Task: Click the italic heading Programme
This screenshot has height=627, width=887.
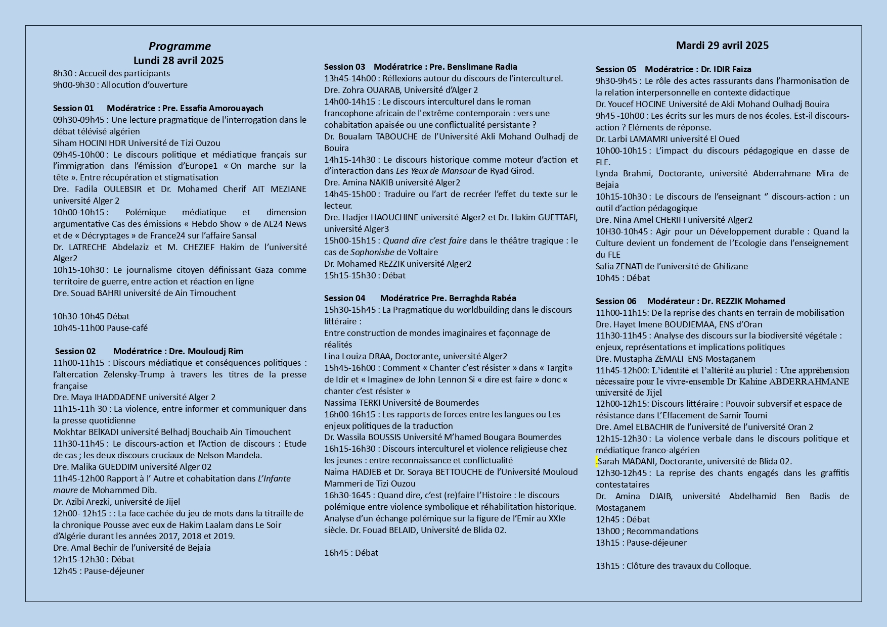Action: [x=180, y=46]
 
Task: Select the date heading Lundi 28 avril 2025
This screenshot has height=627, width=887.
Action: [x=179, y=61]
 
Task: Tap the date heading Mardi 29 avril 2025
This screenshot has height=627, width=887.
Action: [x=722, y=45]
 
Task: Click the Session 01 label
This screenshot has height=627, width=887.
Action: [x=73, y=108]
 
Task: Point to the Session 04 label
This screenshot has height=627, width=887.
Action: [x=344, y=298]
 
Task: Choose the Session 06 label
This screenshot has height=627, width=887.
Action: [x=616, y=301]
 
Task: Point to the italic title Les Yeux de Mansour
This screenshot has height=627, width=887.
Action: [x=435, y=171]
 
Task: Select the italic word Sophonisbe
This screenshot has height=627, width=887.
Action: [x=372, y=252]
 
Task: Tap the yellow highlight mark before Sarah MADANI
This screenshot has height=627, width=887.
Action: [x=597, y=461]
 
